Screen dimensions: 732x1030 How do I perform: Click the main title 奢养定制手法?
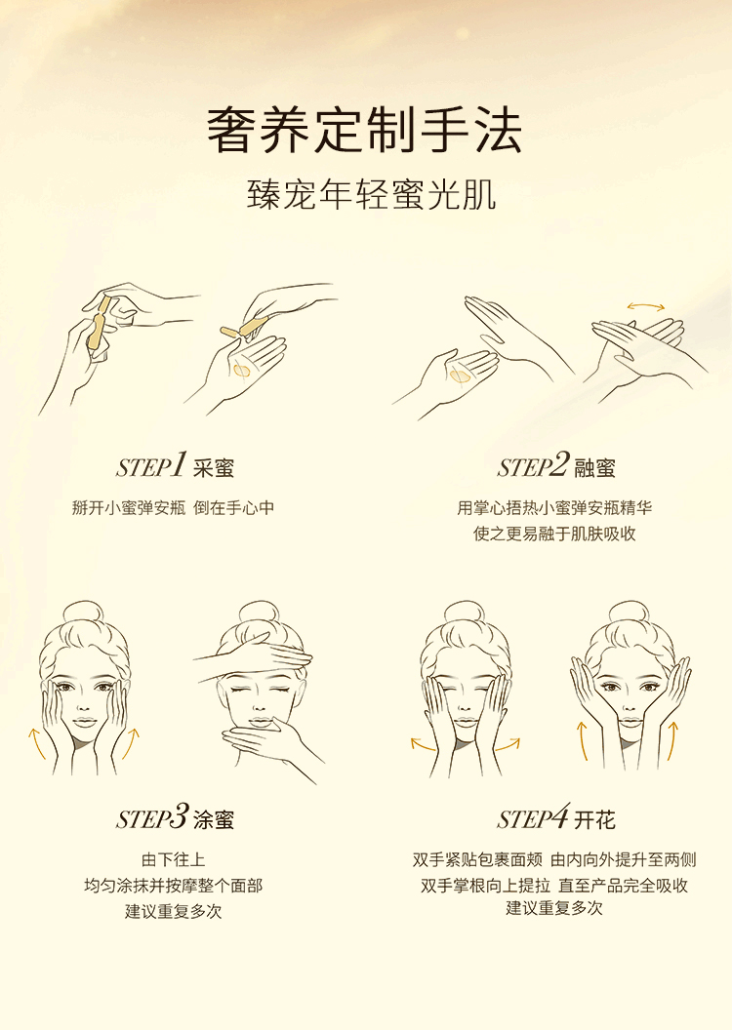(x=365, y=131)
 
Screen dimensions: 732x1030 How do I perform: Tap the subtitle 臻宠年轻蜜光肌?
(x=371, y=194)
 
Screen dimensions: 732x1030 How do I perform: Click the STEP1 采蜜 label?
(x=175, y=465)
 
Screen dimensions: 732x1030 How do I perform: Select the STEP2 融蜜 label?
(x=556, y=465)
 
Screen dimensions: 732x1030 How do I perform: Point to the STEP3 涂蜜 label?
(x=175, y=817)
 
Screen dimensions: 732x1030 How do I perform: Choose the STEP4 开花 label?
(x=556, y=817)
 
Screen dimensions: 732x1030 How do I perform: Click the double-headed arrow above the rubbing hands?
(x=646, y=306)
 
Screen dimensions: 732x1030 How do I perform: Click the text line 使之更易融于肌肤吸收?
(x=554, y=534)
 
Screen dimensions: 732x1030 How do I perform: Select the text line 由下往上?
(x=174, y=859)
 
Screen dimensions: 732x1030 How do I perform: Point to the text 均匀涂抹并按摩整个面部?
(x=174, y=886)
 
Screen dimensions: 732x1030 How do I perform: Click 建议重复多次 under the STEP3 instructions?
(x=174, y=912)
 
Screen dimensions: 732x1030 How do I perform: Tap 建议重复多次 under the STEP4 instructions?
(x=554, y=908)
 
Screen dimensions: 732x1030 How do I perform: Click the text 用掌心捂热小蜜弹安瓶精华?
(x=554, y=508)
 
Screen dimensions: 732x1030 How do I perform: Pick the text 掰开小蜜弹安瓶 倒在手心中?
(x=174, y=508)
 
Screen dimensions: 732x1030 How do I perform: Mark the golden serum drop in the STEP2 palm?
(x=460, y=376)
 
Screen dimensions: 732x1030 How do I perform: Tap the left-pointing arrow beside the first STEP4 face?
(x=423, y=744)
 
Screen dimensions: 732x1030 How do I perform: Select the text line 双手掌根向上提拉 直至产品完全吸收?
(x=554, y=886)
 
